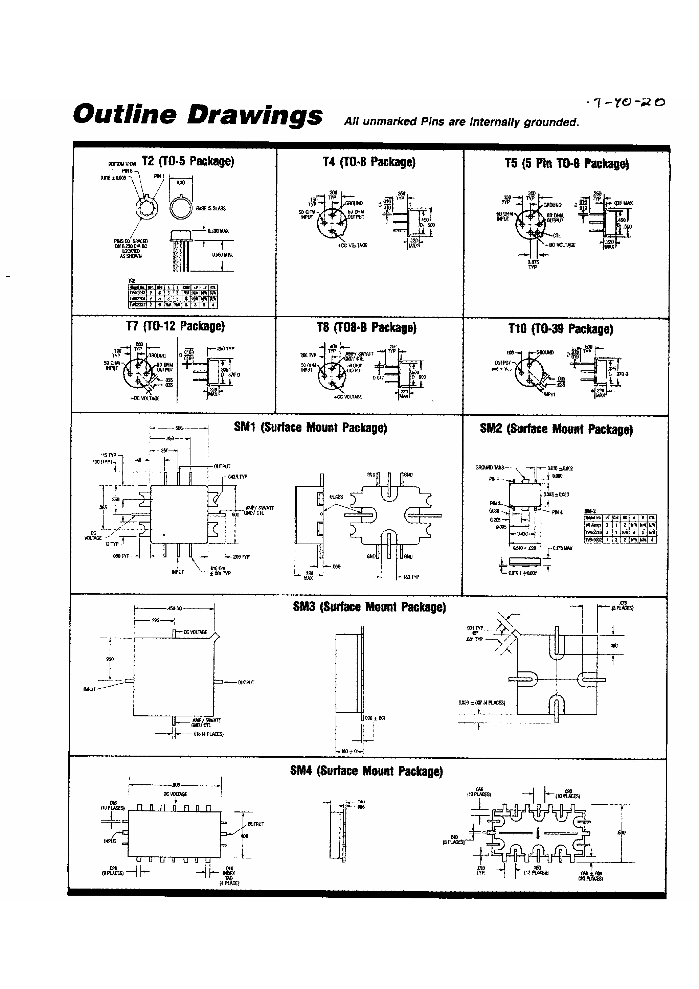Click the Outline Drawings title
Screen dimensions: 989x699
197,115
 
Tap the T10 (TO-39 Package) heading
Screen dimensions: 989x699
560,329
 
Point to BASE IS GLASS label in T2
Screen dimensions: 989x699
211,208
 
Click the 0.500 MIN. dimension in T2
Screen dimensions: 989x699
222,255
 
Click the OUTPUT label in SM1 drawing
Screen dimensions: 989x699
222,466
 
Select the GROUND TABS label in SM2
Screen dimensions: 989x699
490,467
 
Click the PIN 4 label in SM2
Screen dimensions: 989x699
557,512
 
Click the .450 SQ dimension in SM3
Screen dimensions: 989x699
175,608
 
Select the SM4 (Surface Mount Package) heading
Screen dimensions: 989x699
366,770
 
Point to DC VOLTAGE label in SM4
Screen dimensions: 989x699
175,794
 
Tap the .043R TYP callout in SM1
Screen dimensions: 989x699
238,477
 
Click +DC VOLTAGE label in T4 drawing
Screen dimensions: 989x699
352,246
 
